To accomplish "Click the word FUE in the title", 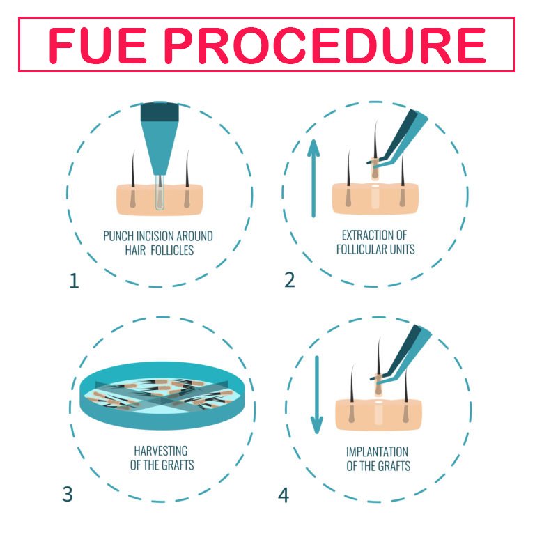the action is click(98, 45).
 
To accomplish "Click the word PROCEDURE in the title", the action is click(325, 45).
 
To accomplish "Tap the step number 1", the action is click(74, 281).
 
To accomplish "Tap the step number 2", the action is click(289, 280).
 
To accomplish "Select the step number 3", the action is click(68, 494).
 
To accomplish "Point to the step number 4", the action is click(284, 495).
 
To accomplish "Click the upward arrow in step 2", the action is click(313, 178).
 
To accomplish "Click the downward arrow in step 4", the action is click(317, 395).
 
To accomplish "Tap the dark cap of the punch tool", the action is click(160, 111).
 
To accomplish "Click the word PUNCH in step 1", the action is click(118, 236).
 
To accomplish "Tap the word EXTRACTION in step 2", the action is click(364, 235).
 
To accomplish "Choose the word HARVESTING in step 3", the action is click(161, 451).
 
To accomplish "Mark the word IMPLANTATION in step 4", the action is click(377, 451).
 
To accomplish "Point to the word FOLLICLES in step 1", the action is click(172, 251).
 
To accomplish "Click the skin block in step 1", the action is click(160, 200).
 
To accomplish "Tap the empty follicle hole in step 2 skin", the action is click(375, 197).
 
